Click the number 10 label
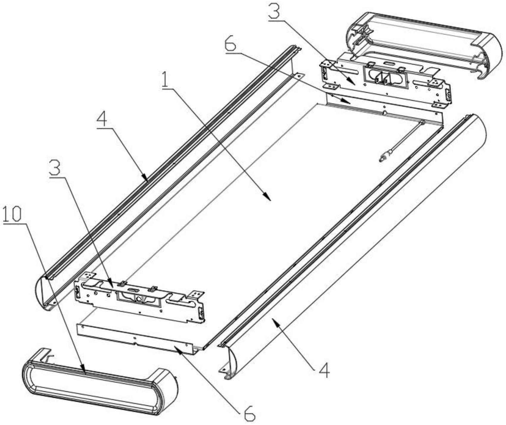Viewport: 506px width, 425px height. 12,214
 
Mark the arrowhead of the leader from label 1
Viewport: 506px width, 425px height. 268,198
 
